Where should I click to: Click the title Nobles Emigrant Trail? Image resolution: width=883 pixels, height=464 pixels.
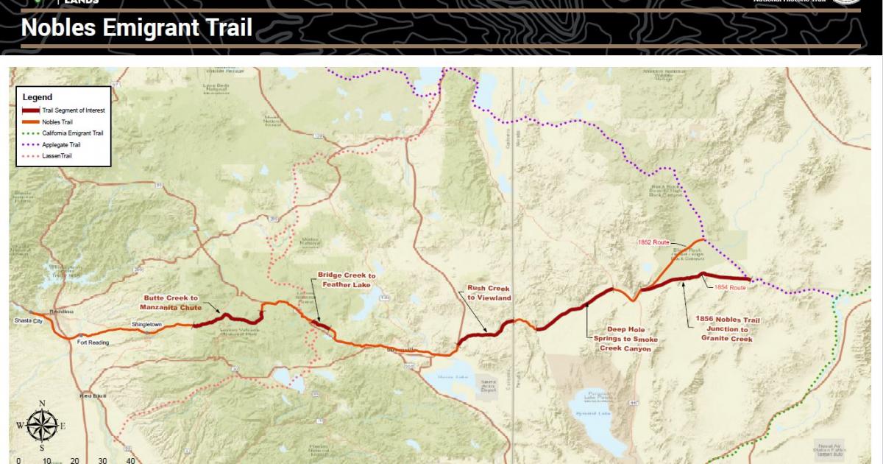coord(137,28)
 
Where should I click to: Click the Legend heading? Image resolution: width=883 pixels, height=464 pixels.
coord(38,97)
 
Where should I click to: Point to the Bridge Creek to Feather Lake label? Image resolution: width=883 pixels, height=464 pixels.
coord(347,279)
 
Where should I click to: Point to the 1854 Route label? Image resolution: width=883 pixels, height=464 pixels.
coord(730,288)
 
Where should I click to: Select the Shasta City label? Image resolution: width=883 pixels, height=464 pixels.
coord(29,322)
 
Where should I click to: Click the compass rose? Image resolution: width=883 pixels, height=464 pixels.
coord(42,425)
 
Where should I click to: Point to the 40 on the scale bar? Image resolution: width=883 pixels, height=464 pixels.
coord(130,460)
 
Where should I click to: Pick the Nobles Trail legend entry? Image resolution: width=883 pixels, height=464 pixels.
coord(58,122)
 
